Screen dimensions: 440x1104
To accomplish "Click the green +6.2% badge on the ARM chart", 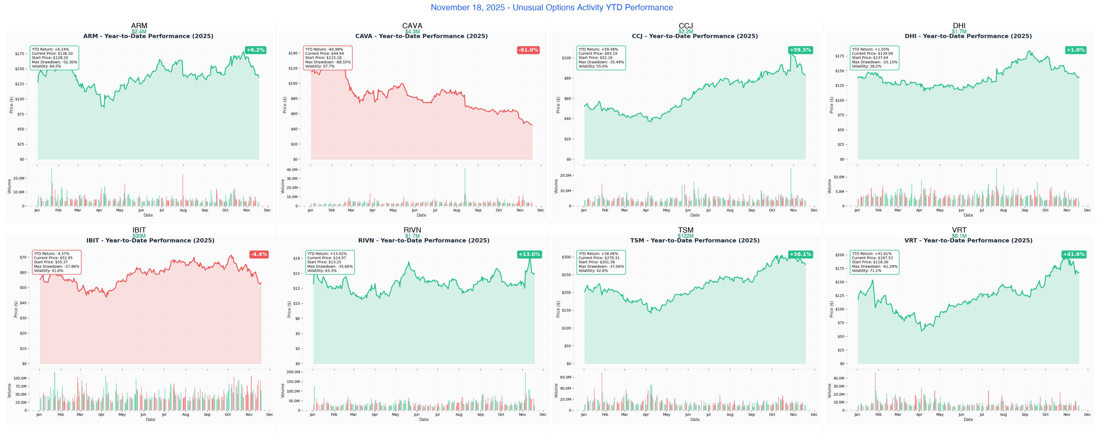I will point(255,50).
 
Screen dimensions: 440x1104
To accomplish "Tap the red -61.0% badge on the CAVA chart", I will point(528,50).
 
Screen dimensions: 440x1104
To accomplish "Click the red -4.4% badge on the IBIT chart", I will point(259,254).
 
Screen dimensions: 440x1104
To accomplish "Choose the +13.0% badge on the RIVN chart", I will point(529,254).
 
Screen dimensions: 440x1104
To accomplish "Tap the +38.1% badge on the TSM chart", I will point(800,254).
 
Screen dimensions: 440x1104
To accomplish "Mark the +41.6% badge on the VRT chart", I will point(1073,254).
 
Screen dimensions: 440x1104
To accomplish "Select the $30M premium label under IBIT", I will point(139,236).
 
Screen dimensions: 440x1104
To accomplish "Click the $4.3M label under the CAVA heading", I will point(412,32).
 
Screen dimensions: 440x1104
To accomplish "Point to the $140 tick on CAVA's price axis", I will point(293,53).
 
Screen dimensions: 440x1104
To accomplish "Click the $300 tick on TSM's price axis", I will point(566,257).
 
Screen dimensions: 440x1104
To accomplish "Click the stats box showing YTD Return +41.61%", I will point(874,262).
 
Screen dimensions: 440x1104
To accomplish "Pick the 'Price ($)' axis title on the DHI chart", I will point(831,105).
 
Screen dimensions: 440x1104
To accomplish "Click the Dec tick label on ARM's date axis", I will point(267,210).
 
